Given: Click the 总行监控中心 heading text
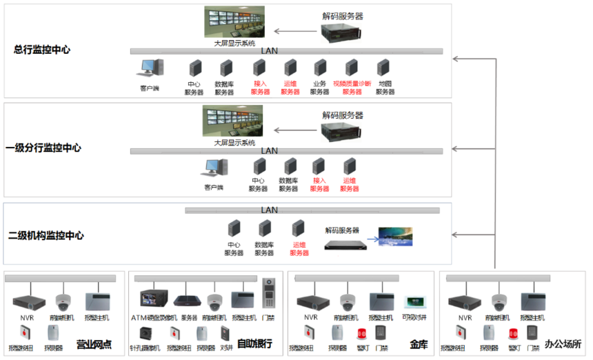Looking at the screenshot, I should tap(41, 50).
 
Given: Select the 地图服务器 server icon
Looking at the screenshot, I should tap(384, 68).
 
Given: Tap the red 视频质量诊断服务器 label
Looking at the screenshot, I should tap(352, 88).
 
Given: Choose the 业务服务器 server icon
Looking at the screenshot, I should tap(320, 68).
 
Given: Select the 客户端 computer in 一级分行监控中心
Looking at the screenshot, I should tap(214, 168).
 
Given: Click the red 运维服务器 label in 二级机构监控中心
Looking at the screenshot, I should tap(299, 248).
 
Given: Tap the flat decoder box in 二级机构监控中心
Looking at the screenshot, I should tap(343, 243).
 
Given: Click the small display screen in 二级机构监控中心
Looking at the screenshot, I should tap(396, 237).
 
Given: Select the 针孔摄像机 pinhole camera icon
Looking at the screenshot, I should tap(145, 333).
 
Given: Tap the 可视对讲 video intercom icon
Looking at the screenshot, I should tap(414, 302).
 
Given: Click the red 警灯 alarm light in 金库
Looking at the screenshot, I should tap(361, 334).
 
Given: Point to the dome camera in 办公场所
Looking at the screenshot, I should tap(499, 301).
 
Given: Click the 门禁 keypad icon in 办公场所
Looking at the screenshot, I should tap(532, 332).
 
